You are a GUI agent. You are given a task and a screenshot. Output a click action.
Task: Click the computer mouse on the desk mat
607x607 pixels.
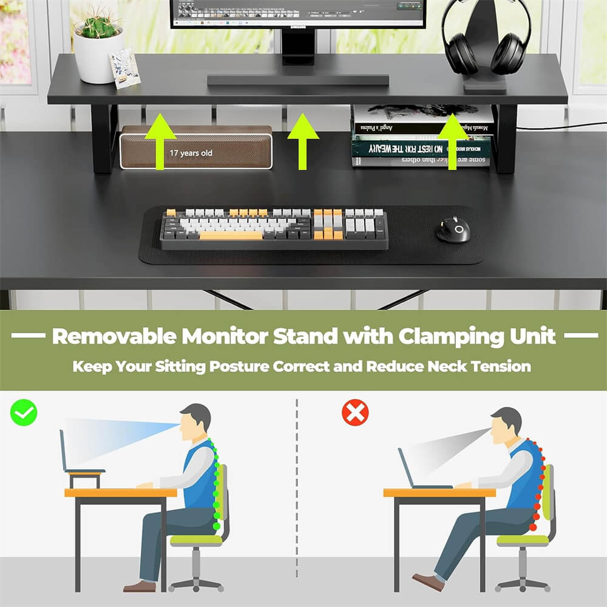point(453,230)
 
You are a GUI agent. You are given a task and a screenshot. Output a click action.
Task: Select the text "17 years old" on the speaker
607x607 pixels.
point(191,154)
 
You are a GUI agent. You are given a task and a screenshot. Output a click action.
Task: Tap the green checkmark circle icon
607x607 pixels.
point(24,413)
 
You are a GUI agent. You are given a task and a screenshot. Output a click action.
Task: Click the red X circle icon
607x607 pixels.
point(355,413)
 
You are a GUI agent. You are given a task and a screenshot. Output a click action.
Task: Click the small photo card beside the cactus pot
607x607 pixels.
point(124,68)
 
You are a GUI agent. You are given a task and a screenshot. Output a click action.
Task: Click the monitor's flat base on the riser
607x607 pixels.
point(297,80)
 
